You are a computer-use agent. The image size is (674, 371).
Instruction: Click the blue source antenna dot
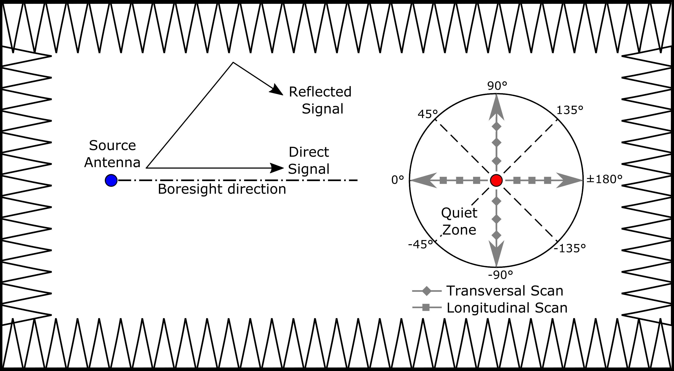coord(111,180)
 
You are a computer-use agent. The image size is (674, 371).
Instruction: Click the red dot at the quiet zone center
coord(496,180)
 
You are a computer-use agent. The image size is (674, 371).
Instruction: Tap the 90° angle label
coord(497,86)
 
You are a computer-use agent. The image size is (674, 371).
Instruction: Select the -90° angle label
coord(500,275)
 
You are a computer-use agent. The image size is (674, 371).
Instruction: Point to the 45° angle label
coord(428,114)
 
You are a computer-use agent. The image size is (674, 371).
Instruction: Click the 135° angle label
coord(570,110)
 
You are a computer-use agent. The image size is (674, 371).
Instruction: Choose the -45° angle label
coord(421,244)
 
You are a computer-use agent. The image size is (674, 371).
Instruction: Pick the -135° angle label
coord(570,248)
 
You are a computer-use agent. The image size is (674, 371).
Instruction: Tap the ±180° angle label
coord(604,179)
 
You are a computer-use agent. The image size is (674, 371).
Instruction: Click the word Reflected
coord(320,92)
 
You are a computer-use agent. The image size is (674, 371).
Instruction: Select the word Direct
coord(309,152)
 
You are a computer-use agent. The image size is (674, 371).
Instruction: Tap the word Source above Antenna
coord(113,145)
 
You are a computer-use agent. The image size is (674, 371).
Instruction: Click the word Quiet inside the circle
coord(459,213)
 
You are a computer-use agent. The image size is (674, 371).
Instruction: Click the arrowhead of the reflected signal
coord(277,90)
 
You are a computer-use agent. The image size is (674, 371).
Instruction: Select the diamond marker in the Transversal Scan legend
coord(427,291)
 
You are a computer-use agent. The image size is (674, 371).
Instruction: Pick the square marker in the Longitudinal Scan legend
coord(426,307)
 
